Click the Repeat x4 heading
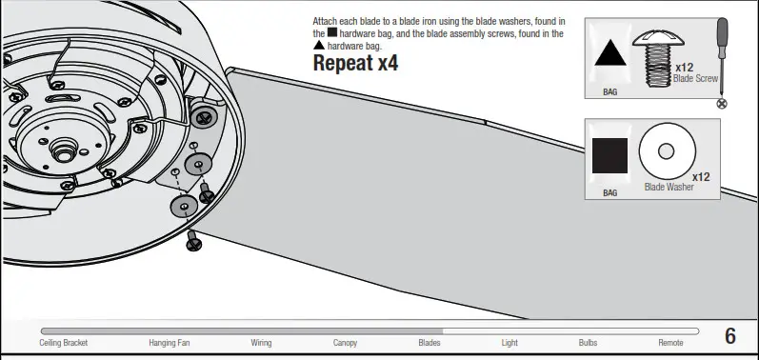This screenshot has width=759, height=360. (x=355, y=65)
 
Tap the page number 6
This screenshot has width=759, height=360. (x=730, y=335)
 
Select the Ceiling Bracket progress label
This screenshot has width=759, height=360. (x=64, y=343)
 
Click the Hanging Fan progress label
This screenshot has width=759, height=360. (x=170, y=343)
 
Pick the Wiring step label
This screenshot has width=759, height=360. (x=261, y=343)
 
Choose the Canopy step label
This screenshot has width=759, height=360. (x=345, y=343)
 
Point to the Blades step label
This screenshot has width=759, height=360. (x=429, y=343)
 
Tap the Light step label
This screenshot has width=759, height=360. (x=510, y=343)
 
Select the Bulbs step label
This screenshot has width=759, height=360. (x=589, y=343)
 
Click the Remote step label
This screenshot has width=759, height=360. (x=670, y=343)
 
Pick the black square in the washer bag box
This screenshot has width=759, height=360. (x=610, y=155)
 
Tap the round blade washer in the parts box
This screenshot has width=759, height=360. (x=668, y=150)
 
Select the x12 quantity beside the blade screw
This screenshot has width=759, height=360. (x=684, y=68)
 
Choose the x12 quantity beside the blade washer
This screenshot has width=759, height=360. (x=701, y=177)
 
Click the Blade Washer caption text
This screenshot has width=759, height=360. (x=669, y=188)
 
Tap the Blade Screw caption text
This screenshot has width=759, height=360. (x=695, y=79)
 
